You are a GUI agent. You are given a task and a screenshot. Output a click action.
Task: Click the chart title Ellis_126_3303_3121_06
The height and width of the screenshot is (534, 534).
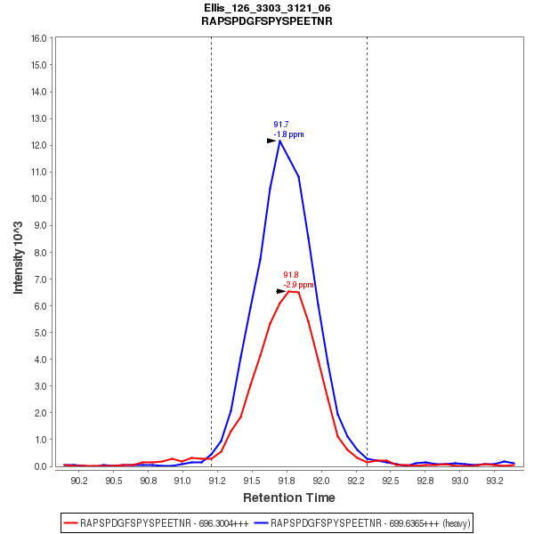click(267, 8)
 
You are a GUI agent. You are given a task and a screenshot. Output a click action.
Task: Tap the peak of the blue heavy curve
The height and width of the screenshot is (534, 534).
click(279, 141)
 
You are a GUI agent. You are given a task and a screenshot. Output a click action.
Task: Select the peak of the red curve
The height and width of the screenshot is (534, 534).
click(288, 291)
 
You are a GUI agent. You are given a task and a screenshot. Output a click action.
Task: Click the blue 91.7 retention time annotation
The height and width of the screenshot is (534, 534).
click(280, 125)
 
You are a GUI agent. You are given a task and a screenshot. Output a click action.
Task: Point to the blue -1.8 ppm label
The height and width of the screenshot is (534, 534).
click(288, 134)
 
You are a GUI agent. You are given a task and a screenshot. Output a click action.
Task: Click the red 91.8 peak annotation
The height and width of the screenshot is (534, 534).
click(290, 275)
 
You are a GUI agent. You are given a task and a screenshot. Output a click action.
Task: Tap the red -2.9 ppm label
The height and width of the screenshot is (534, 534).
click(299, 285)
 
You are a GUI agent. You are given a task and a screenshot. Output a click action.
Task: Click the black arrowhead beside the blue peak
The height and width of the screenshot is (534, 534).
click(272, 141)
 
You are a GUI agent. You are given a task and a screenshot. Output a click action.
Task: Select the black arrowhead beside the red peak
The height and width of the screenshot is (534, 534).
click(281, 291)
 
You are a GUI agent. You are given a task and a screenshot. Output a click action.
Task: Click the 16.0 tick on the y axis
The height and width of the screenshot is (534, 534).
click(38, 38)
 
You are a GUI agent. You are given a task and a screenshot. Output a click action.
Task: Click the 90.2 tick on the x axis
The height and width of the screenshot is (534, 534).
click(79, 481)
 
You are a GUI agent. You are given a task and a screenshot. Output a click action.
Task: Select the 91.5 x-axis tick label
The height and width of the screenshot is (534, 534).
click(253, 481)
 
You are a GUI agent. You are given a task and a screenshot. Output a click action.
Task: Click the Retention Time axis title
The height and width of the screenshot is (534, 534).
click(289, 498)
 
